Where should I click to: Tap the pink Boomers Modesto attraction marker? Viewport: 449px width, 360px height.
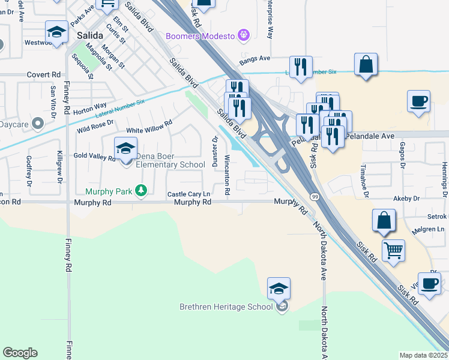point(243,35)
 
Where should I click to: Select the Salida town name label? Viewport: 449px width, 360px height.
point(81,35)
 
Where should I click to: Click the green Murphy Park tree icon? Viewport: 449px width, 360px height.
point(140,191)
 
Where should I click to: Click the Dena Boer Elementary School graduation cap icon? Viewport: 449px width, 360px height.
point(125,149)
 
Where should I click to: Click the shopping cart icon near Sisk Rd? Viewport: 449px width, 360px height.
point(393,250)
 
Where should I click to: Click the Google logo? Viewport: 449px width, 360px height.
point(20,353)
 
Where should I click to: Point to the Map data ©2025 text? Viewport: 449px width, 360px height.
point(423,355)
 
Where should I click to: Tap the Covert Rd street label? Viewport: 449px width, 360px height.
point(44,74)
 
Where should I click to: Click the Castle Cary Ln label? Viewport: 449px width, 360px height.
point(189,194)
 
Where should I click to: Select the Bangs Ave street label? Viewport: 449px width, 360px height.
point(255,59)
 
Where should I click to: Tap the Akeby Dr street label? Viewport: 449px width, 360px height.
point(406,198)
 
